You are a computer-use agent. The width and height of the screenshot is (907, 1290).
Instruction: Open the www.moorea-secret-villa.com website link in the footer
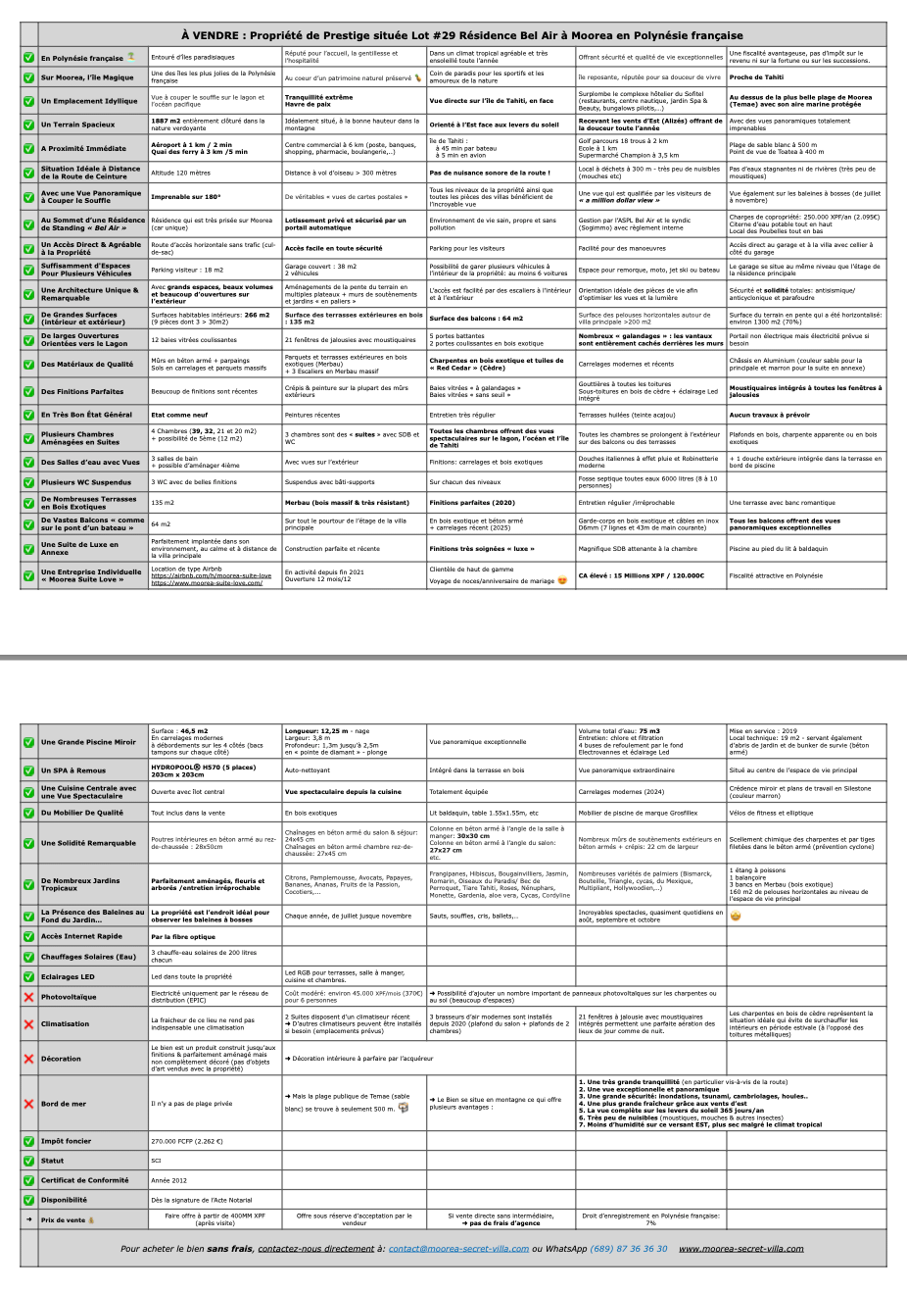pyautogui.click(x=740, y=1249)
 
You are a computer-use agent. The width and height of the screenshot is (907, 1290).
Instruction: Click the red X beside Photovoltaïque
pyautogui.click(x=28, y=997)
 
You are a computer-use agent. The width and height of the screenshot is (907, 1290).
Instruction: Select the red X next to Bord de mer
pyautogui.click(x=28, y=1104)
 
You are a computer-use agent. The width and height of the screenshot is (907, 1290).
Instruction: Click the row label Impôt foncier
pyautogui.click(x=66, y=1141)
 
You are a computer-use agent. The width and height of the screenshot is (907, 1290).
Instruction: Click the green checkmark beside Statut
pyautogui.click(x=28, y=1161)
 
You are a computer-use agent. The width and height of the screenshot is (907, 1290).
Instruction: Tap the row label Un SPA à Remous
pyautogui.click(x=73, y=770)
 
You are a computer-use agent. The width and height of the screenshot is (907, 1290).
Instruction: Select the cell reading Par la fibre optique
pyautogui.click(x=182, y=936)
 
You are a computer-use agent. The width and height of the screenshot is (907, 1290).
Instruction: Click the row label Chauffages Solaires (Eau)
pyautogui.click(x=88, y=956)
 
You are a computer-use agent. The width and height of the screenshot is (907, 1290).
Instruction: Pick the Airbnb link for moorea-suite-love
pyautogui.click(x=211, y=575)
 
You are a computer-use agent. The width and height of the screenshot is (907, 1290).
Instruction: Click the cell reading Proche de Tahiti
pyautogui.click(x=755, y=76)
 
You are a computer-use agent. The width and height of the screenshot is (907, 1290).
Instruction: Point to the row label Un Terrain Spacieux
pyautogui.click(x=77, y=124)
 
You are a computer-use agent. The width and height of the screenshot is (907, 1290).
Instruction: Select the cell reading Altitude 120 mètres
pyautogui.click(x=181, y=173)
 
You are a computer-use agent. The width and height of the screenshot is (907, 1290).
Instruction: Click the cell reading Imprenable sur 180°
pyautogui.click(x=185, y=196)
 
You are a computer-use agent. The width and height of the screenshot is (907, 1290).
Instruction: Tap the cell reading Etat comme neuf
pyautogui.click(x=179, y=415)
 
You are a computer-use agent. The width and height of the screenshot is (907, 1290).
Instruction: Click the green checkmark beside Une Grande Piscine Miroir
pyautogui.click(x=28, y=742)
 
